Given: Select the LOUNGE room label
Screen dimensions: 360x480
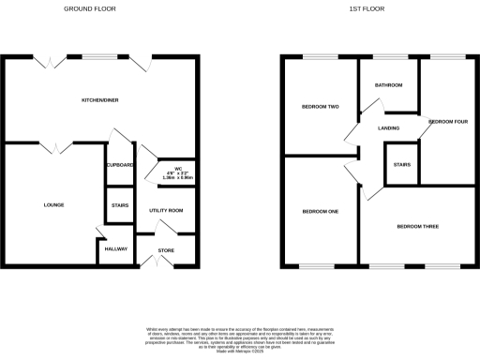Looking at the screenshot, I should coord(52,203).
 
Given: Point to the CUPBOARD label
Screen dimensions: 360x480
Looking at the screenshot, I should coord(120,165).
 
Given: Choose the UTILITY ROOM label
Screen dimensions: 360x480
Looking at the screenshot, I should coord(165,211).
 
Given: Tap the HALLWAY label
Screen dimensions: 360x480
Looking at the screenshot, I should coord(115,248).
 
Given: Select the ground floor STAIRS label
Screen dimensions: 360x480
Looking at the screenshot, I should coord(119,205).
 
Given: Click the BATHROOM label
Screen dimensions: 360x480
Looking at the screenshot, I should coord(389,85).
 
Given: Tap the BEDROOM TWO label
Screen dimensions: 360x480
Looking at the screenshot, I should coord(319,107).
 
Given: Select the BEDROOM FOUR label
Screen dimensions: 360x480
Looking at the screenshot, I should coord(446,123).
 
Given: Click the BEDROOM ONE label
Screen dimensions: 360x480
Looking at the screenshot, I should coord(320,211).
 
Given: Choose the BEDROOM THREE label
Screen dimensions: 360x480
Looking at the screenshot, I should coord(417,227).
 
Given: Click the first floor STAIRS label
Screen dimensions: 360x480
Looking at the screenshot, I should coord(402,164).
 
